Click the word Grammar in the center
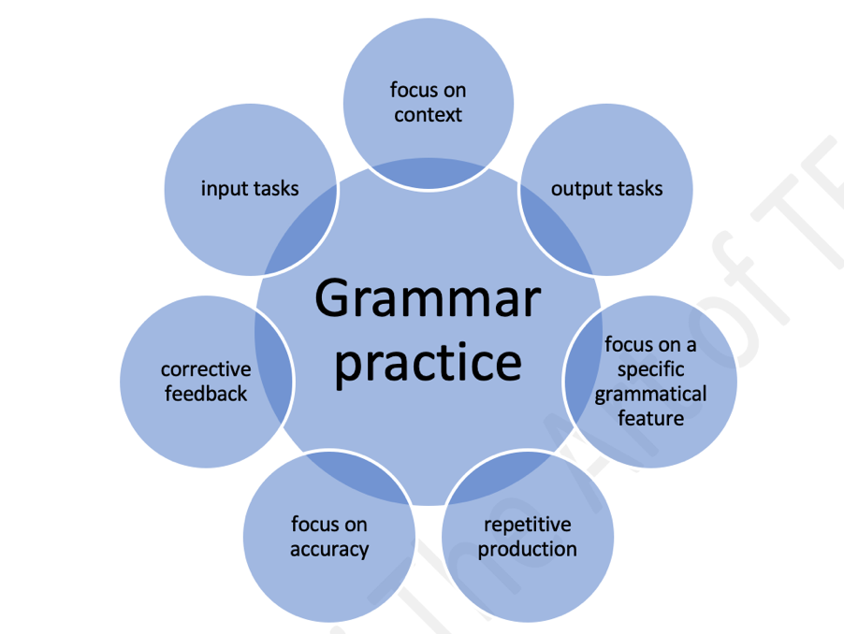point(428,298)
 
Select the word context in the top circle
point(428,114)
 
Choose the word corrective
point(206,369)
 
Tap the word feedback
point(206,394)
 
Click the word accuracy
point(329,550)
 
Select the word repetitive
point(528,525)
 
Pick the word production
point(528,549)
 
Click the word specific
point(650,370)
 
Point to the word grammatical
point(650,395)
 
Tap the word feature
point(650,418)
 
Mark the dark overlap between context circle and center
point(429,172)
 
